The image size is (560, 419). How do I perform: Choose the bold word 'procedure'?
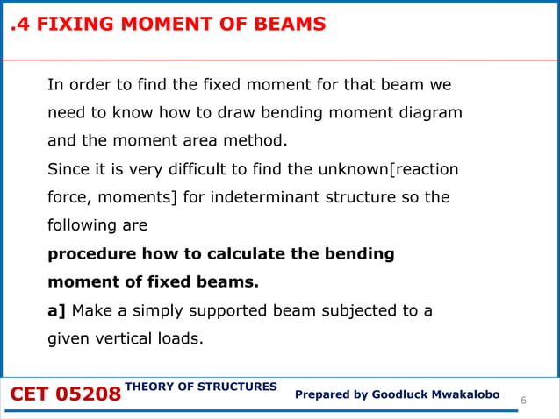[x=90, y=254]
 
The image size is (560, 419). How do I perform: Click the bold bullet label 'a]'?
[x=57, y=310]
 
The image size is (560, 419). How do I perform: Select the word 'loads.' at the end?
[x=179, y=338]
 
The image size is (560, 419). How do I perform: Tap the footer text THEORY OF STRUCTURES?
[x=201, y=387]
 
